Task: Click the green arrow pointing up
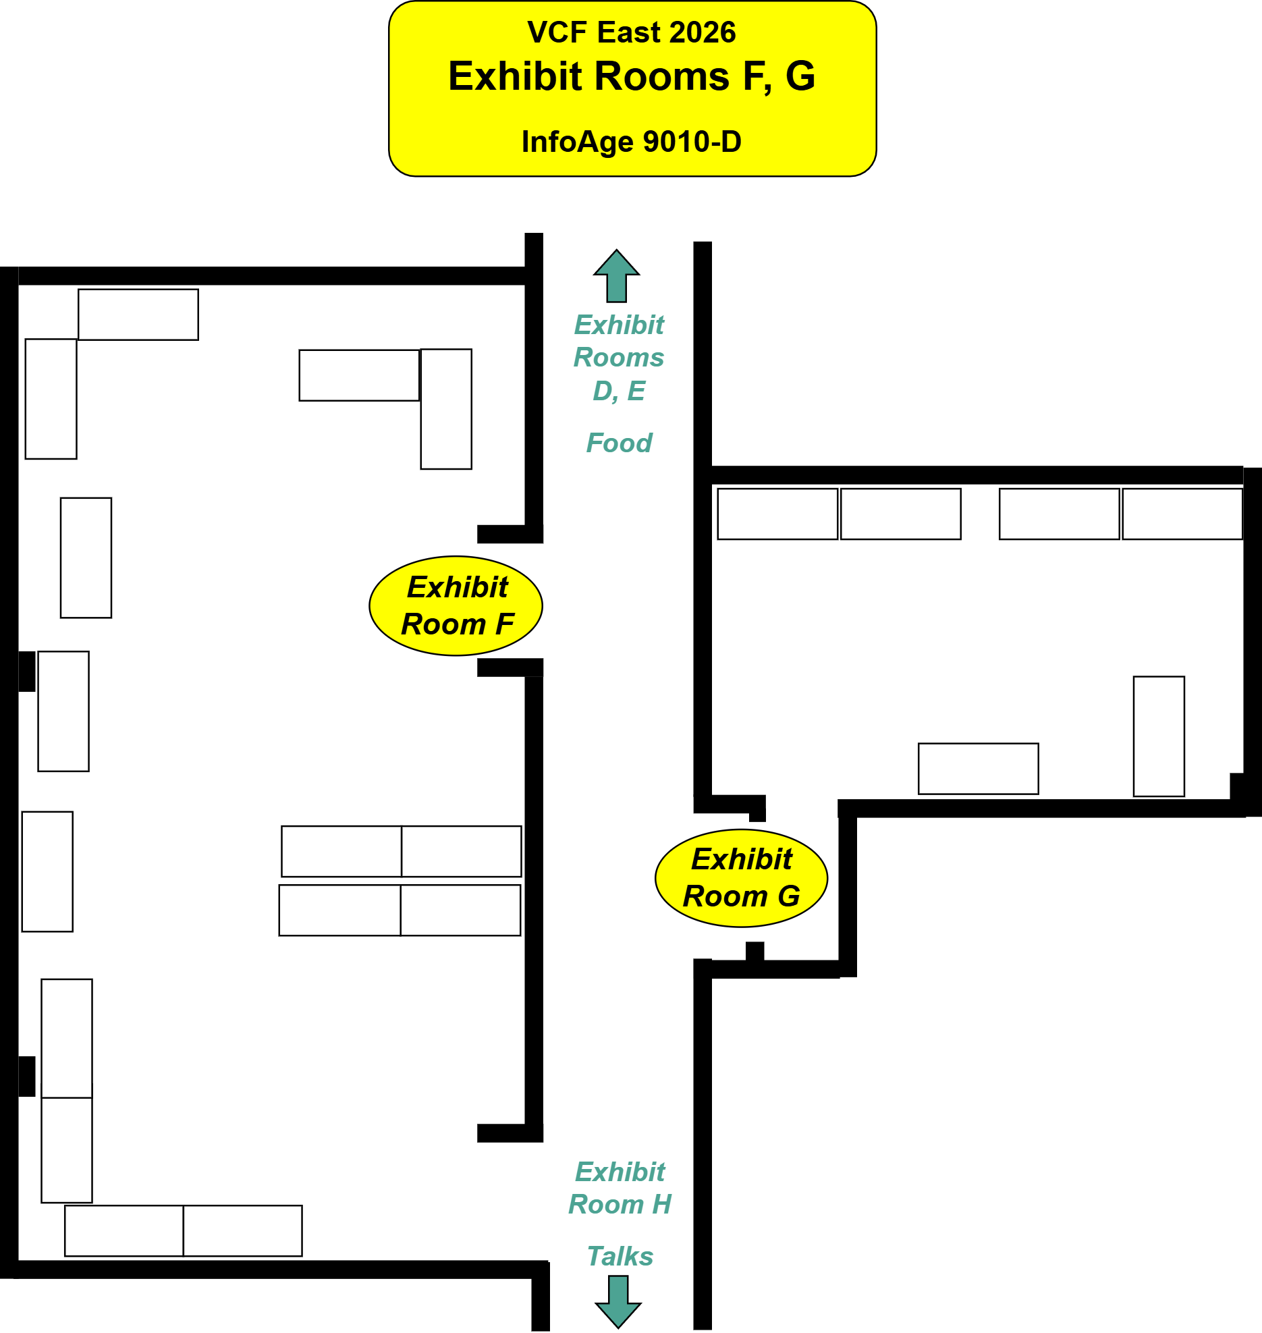(617, 276)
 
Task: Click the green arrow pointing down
(618, 1302)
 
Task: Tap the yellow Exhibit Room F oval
(456, 605)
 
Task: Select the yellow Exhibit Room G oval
(742, 878)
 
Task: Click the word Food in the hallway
(619, 443)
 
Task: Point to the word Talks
(620, 1256)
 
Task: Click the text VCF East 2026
(632, 32)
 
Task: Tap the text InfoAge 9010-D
(632, 142)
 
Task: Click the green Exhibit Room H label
(620, 1188)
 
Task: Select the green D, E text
(619, 391)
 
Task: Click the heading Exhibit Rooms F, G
(632, 76)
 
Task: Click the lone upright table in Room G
(1159, 736)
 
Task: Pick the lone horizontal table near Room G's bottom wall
(979, 769)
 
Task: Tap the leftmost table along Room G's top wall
(777, 514)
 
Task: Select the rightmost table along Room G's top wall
(1182, 514)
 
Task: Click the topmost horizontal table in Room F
(138, 315)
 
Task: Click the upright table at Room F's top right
(446, 409)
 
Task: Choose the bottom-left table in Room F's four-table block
(340, 910)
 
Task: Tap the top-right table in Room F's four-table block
(462, 851)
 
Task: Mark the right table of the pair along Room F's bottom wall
(243, 1230)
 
